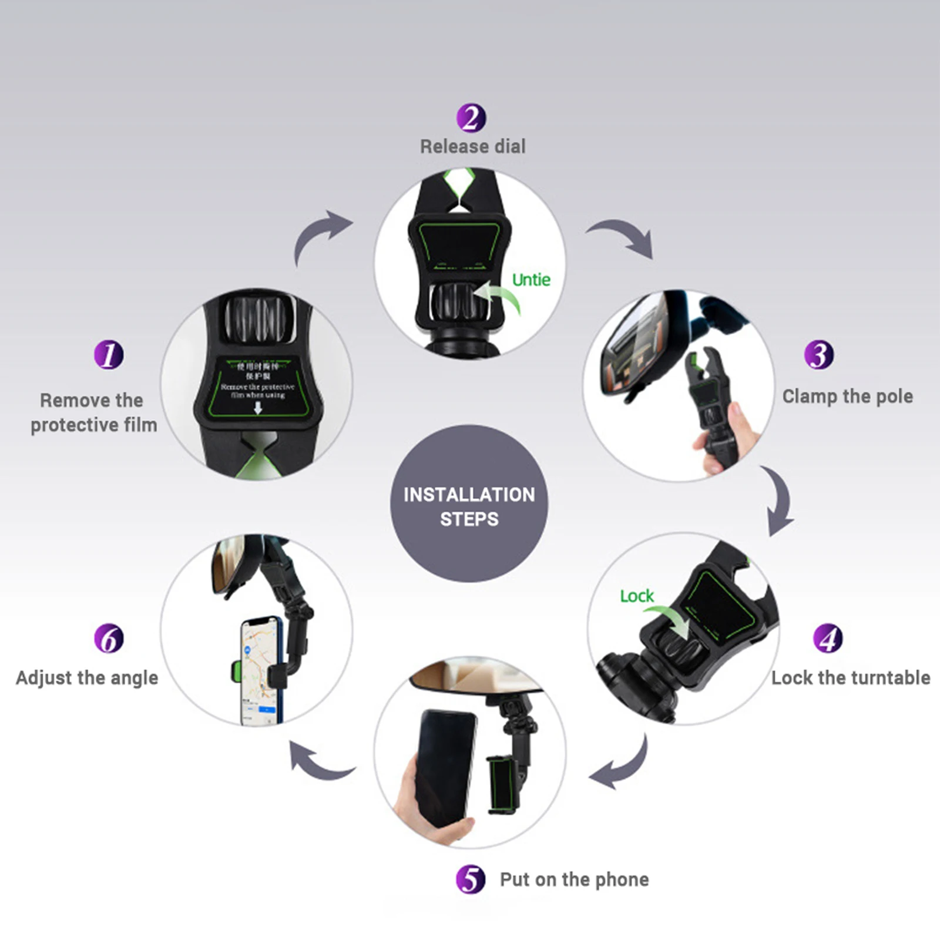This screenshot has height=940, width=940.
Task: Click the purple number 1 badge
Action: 109,355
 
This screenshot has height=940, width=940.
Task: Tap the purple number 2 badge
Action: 471,117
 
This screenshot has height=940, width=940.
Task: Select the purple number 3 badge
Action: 819,355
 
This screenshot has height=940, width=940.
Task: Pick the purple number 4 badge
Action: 828,638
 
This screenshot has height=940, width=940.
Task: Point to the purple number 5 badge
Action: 471,879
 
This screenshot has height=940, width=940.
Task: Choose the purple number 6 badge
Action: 109,638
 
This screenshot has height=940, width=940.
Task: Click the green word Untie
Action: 531,280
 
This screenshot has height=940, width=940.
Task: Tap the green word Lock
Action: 637,596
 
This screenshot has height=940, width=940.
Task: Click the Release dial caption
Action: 473,146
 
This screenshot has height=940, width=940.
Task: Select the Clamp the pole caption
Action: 847,397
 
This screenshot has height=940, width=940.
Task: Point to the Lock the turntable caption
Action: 851,677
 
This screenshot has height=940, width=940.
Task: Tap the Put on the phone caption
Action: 574,879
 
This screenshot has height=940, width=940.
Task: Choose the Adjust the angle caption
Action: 87,677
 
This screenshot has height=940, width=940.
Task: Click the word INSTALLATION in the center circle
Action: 469,495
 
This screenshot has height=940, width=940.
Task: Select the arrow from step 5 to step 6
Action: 320,762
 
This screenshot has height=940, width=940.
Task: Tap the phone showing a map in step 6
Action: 260,670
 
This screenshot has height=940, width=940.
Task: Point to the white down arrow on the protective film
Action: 257,408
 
